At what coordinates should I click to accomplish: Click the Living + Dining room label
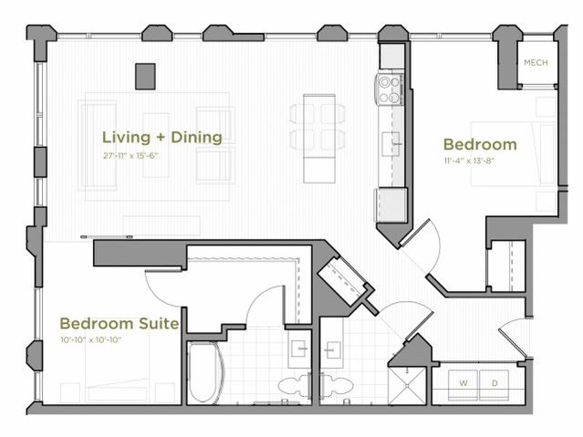[161, 138]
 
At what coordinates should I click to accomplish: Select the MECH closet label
[535, 63]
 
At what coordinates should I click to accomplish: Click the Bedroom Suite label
[119, 323]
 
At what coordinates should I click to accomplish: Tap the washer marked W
[463, 383]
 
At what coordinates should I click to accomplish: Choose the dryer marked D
[495, 383]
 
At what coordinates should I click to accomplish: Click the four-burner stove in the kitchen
[390, 88]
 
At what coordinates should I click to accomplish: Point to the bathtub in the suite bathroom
[204, 372]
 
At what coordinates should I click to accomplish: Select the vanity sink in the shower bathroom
[333, 350]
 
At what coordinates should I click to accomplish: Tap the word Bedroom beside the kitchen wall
[479, 144]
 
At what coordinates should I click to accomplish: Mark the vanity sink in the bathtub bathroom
[297, 350]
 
